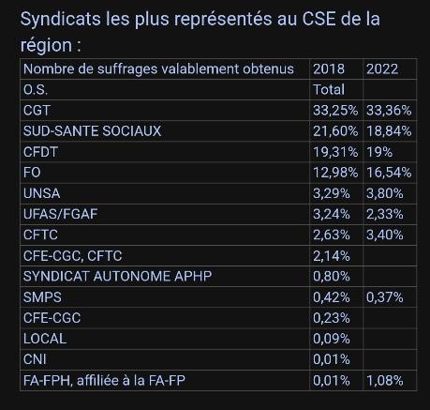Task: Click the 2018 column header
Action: tap(328, 68)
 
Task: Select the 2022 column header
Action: tap(381, 68)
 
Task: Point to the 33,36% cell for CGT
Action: tap(388, 110)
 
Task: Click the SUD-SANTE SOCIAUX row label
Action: tap(92, 130)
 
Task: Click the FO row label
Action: tap(32, 172)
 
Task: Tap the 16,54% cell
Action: tap(388, 172)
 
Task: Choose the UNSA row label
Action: tap(41, 192)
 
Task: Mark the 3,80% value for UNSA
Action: tap(385, 192)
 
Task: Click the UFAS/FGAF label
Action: tap(60, 213)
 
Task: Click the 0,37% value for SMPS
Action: tap(385, 296)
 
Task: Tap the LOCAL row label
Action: tap(44, 338)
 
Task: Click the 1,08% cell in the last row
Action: tap(385, 379)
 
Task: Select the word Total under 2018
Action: tap(329, 89)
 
